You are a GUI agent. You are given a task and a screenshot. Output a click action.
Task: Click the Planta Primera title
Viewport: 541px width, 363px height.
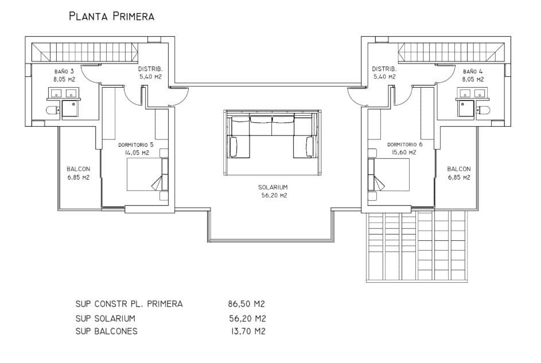click(x=111, y=16)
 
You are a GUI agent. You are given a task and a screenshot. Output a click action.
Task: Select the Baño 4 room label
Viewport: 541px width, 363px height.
click(x=473, y=76)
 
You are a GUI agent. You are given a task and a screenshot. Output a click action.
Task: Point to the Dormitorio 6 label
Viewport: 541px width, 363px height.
click(x=404, y=149)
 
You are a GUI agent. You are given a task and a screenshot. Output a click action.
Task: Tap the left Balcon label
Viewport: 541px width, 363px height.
click(x=78, y=173)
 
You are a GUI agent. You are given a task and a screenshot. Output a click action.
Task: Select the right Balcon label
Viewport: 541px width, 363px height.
click(x=458, y=173)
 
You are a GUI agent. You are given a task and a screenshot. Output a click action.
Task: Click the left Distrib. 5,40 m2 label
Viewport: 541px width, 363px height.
click(x=150, y=72)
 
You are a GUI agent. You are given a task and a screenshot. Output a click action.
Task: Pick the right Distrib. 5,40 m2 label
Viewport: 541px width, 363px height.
click(x=384, y=72)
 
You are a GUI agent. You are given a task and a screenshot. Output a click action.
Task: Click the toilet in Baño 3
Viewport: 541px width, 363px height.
click(x=51, y=110)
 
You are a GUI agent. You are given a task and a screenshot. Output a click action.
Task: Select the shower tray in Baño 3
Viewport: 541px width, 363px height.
click(x=71, y=108)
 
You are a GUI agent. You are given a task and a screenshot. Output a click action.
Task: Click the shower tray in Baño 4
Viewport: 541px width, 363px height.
click(x=465, y=108)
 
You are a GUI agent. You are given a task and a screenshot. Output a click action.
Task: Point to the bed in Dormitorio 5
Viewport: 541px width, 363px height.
click(x=147, y=175)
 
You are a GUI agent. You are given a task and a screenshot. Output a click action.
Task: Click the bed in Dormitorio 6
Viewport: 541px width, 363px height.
click(x=389, y=175)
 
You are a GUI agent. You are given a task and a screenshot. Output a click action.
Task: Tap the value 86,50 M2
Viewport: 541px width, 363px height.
click(x=246, y=304)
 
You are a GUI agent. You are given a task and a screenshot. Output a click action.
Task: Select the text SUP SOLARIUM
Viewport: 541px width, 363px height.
click(x=105, y=318)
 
